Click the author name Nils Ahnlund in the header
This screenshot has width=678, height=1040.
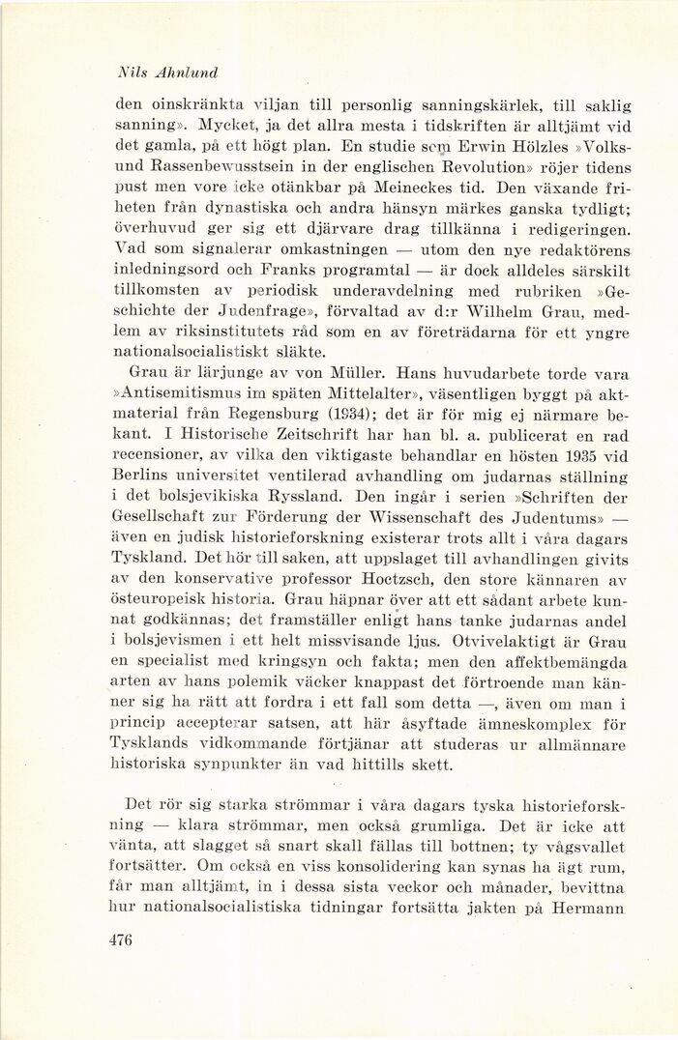pos(166,72)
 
